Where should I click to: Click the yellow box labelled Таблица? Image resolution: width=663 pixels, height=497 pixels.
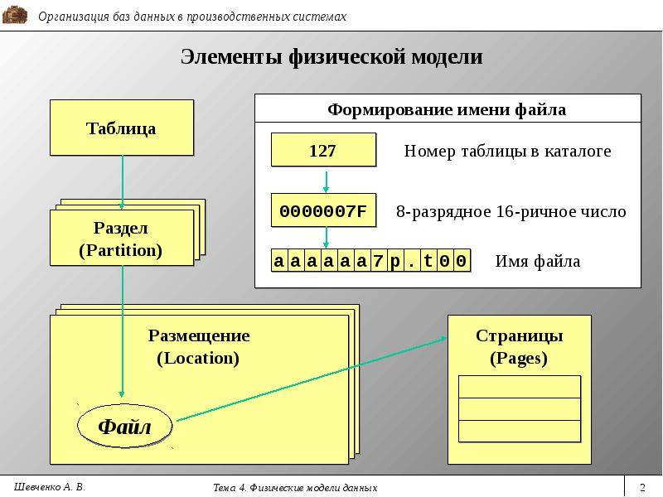pos(122,128)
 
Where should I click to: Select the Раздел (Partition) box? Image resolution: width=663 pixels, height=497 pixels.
pos(122,238)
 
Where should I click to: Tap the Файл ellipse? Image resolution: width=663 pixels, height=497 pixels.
pos(125,426)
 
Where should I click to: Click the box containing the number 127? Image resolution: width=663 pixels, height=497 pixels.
pos(323,150)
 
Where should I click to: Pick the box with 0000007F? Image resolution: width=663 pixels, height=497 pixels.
pos(323,210)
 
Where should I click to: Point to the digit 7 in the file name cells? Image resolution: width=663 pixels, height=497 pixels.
pos(378,261)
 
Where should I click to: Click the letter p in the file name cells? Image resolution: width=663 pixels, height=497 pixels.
pos(394,261)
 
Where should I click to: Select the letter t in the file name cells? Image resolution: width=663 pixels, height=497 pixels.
pos(428,261)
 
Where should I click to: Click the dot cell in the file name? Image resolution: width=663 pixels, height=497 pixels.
pos(411,261)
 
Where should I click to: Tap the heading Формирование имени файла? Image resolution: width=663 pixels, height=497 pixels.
pos(447,109)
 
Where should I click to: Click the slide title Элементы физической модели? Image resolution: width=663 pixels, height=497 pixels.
pos(331,56)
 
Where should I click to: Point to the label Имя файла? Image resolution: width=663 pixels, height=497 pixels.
pos(537,261)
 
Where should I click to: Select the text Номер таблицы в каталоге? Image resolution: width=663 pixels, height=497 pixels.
pos(507,151)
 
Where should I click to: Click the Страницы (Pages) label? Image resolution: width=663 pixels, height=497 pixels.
pos(520,346)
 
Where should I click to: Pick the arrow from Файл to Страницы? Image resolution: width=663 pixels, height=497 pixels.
pos(312,379)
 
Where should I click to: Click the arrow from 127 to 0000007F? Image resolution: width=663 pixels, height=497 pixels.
pos(326,181)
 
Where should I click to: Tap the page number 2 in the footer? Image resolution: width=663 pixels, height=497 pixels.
pos(643,487)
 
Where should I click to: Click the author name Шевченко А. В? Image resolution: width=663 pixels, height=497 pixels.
pos(50,487)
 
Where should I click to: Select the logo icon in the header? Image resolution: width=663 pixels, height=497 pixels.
pos(15,16)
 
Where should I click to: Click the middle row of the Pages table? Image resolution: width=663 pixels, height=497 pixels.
pos(520,409)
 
